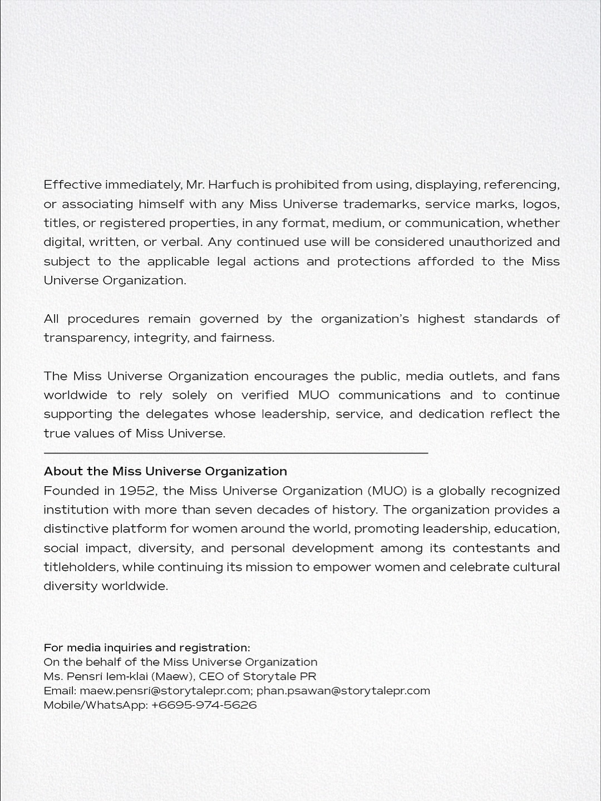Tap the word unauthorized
490,242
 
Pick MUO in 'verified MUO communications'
314,395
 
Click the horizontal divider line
236,453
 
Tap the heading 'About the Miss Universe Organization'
165,471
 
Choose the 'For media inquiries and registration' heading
147,647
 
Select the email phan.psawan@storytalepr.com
343,691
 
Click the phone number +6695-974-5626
204,705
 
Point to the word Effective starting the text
72,185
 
